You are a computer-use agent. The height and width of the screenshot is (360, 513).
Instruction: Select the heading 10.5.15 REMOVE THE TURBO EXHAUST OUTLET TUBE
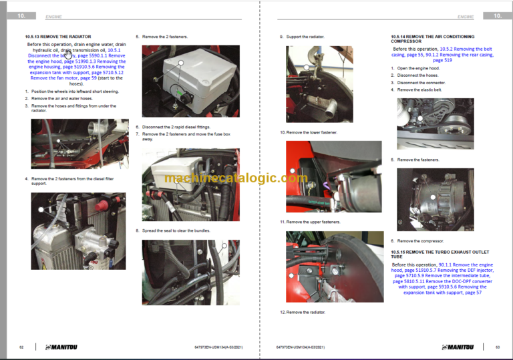pyautogui.click(x=434, y=254)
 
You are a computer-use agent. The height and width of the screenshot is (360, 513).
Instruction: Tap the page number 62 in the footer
pyautogui.click(x=21, y=347)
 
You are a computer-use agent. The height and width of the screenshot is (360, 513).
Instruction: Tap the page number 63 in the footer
pyautogui.click(x=498, y=347)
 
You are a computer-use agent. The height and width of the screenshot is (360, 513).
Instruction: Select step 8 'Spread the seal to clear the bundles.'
pyautogui.click(x=176, y=230)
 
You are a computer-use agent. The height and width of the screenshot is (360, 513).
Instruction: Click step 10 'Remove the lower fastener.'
pyautogui.click(x=311, y=132)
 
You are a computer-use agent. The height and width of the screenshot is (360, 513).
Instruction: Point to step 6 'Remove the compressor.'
pyautogui.click(x=420, y=240)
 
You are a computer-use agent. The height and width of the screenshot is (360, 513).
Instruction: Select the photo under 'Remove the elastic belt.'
pyautogui.click(x=435, y=124)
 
